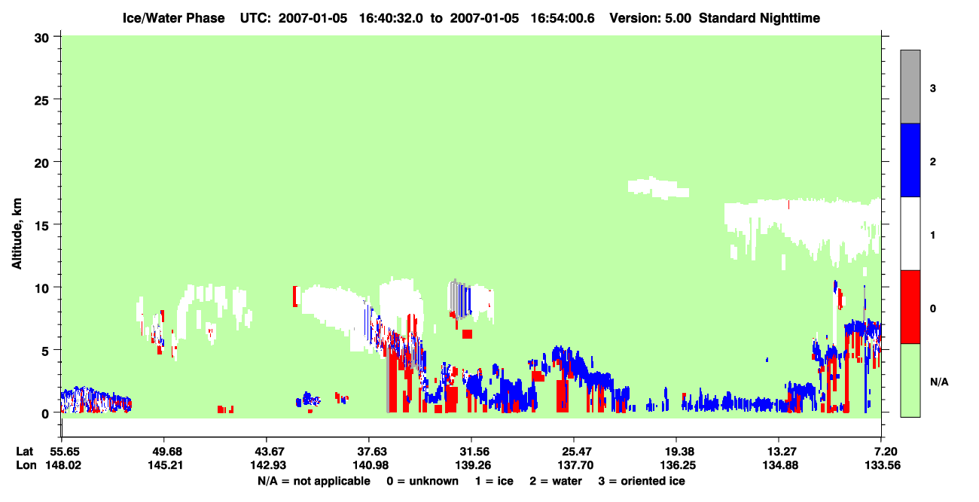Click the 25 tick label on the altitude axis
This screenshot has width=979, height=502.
(x=41, y=101)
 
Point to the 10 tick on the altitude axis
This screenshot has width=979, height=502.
(x=56, y=287)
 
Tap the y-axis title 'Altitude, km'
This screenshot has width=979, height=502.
(x=17, y=233)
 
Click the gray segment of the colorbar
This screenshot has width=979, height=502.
(x=910, y=87)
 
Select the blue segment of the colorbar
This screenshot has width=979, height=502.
(x=910, y=160)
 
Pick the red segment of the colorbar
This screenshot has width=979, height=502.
(x=910, y=307)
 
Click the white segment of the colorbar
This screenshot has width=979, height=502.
(x=910, y=233)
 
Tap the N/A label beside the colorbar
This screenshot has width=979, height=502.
(x=939, y=382)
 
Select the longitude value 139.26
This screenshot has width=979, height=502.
(x=472, y=465)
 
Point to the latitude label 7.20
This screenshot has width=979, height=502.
(x=883, y=452)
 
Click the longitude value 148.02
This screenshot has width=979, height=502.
(x=63, y=465)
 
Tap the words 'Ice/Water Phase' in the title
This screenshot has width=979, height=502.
(x=173, y=18)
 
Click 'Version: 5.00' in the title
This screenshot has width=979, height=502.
(x=651, y=18)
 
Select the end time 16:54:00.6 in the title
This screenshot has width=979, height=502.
(x=563, y=18)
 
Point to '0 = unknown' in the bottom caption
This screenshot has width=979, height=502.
(x=422, y=481)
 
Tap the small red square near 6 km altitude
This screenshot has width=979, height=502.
(x=467, y=334)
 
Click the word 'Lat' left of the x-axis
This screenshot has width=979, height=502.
(x=24, y=452)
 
